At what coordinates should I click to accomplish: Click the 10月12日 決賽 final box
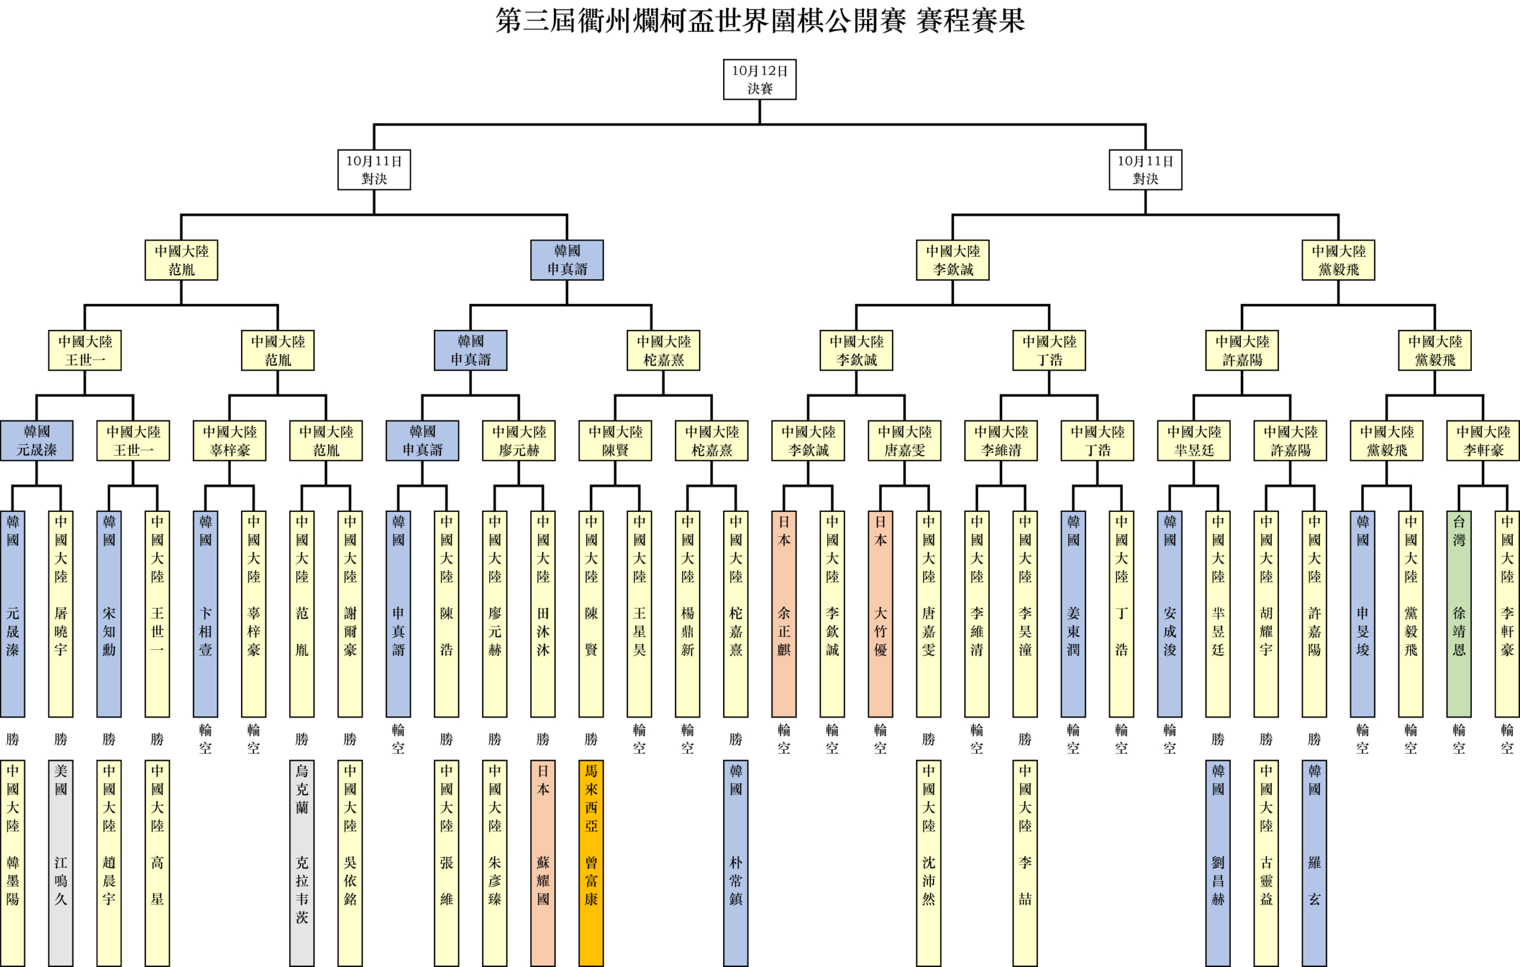[759, 79]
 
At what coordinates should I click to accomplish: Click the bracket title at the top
[759, 20]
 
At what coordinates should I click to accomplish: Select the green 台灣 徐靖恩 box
[1459, 613]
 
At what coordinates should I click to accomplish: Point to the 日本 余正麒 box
[783, 613]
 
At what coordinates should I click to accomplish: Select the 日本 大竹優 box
[880, 613]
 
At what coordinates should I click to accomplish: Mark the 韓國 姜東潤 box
[1073, 613]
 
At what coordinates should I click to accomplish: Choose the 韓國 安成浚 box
[1170, 613]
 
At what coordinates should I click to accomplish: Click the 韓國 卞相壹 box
[205, 613]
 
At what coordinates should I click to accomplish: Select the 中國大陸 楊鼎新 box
[688, 613]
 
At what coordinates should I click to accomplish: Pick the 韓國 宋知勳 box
[109, 613]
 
